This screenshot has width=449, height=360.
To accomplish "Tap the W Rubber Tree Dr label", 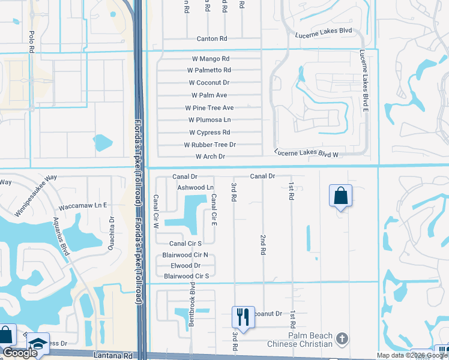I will [209, 145].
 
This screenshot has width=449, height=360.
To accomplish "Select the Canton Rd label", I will [212, 38].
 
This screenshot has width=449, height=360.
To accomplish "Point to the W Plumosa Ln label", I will [209, 120].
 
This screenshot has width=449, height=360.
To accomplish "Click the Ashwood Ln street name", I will [196, 188].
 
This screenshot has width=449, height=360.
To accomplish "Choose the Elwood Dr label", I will [185, 265].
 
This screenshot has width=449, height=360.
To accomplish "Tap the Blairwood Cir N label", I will [185, 255].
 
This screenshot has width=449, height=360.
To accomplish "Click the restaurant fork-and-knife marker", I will [243, 315].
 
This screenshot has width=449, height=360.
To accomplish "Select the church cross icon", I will [343, 338].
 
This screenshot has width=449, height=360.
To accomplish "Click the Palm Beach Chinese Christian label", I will [310, 340].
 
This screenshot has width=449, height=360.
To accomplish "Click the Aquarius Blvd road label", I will [61, 236].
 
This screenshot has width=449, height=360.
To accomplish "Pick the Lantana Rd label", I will [112, 356].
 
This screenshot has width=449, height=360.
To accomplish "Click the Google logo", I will [20, 353].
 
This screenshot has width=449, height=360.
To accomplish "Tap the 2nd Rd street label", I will [263, 245].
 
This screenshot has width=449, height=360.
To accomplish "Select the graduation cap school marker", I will [37, 343].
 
